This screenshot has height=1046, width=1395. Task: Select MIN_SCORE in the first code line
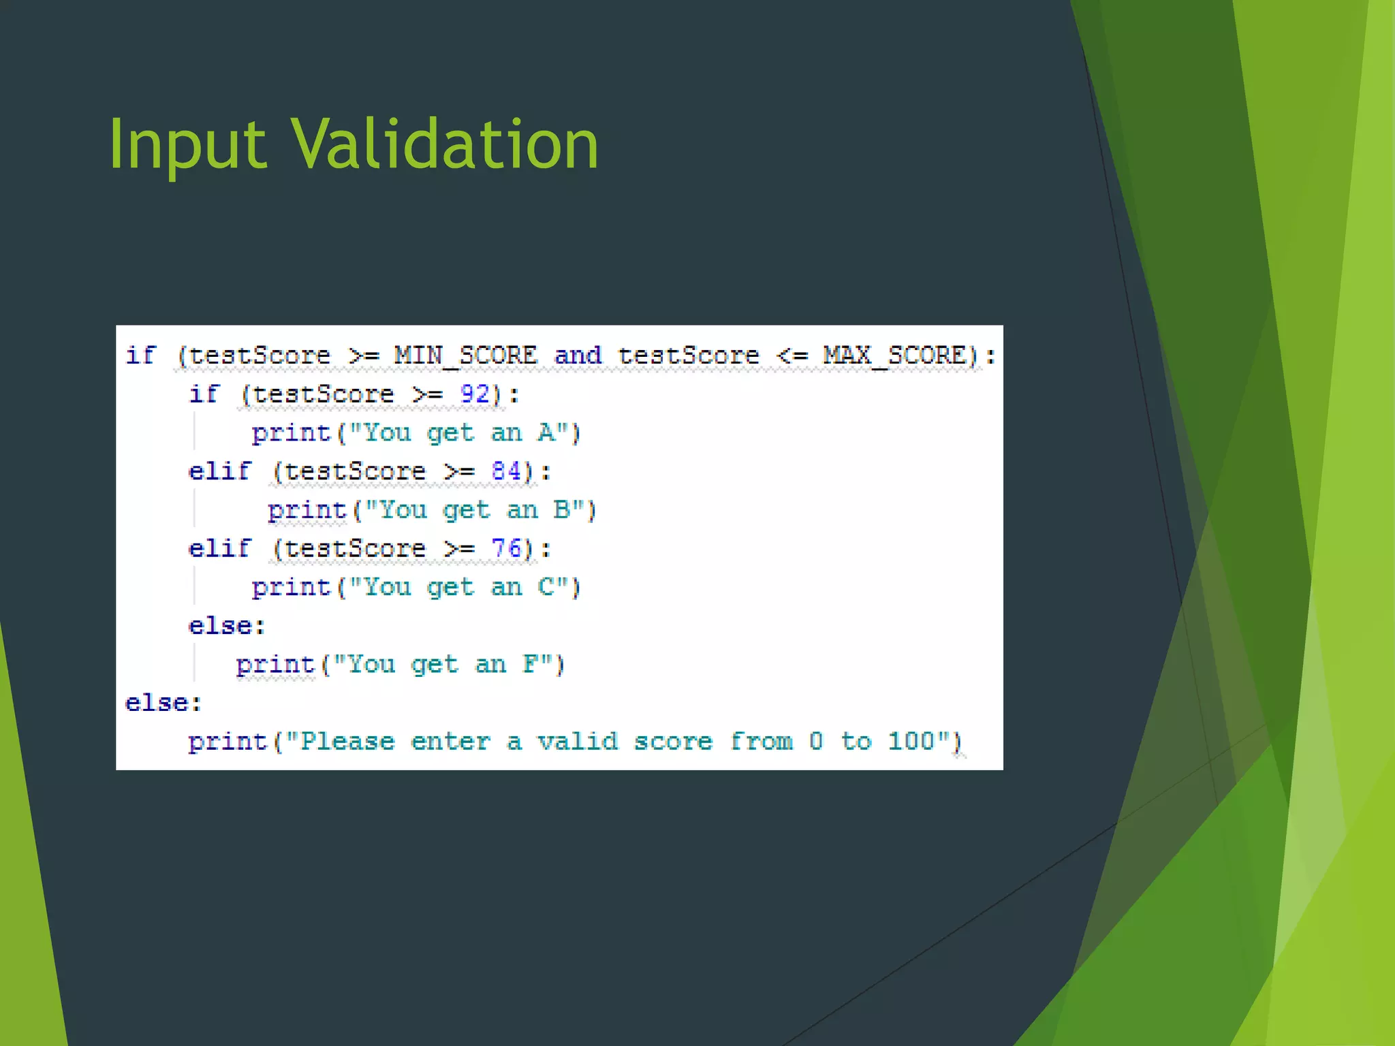click(465, 355)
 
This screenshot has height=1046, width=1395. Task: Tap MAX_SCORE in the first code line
click(894, 355)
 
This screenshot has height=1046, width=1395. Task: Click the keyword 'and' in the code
click(578, 355)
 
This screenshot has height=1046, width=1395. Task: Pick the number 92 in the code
click(475, 394)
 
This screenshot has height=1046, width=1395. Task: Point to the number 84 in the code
click(506, 471)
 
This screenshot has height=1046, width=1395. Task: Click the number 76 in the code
click(506, 548)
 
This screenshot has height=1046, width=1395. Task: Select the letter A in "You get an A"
click(546, 433)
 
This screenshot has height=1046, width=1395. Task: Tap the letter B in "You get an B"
click(561, 510)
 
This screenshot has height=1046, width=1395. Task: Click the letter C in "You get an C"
click(546, 587)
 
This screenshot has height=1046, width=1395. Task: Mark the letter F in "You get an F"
click(531, 664)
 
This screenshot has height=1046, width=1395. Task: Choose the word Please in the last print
click(347, 741)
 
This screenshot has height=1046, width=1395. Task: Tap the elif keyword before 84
click(219, 471)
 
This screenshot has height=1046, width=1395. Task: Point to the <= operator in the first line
click(792, 355)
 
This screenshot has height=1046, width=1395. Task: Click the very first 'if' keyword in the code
click(141, 355)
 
